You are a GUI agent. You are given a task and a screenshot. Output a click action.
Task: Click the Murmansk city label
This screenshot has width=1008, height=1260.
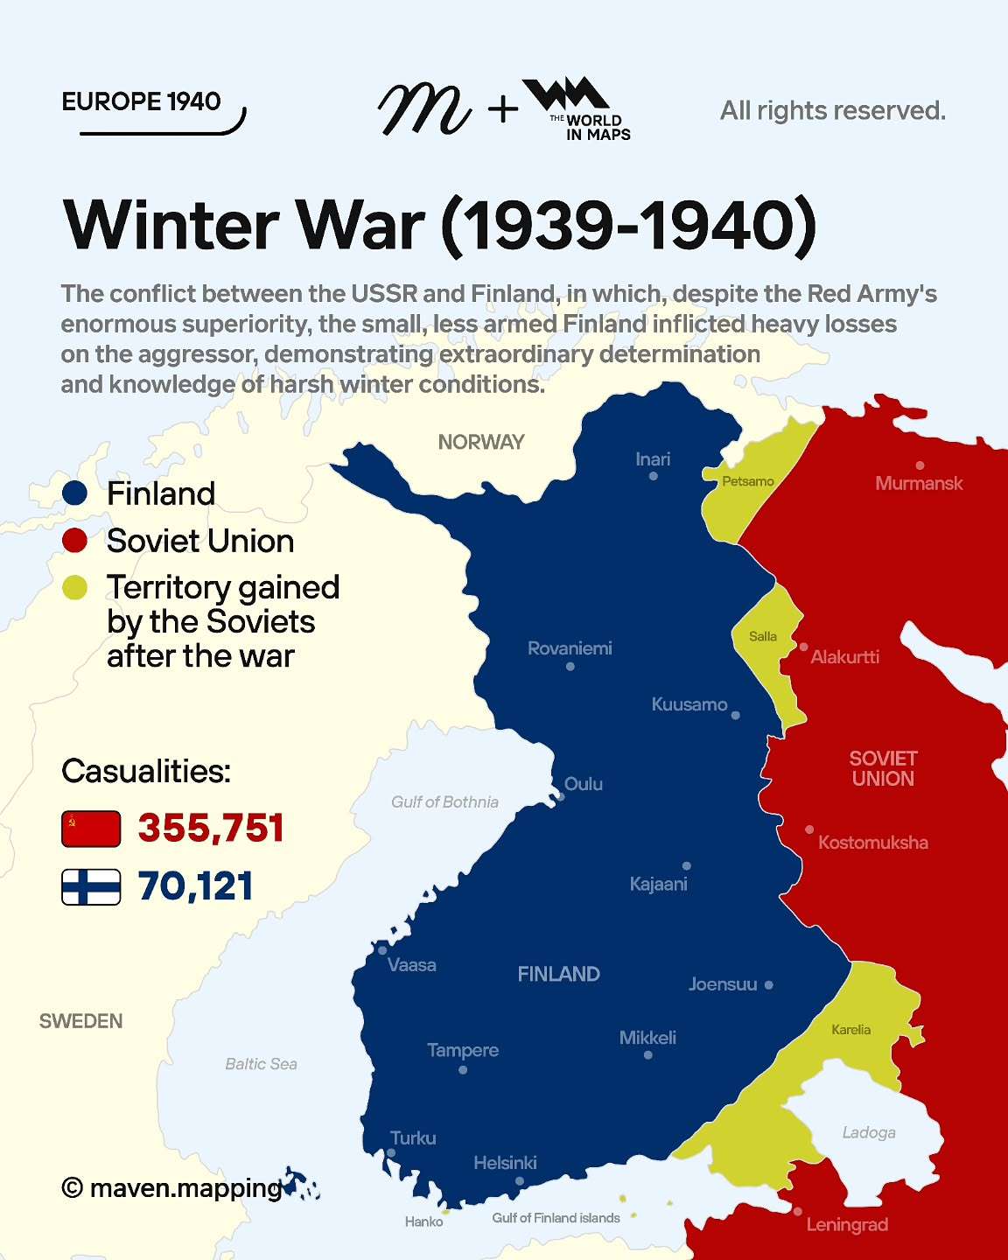[919, 483]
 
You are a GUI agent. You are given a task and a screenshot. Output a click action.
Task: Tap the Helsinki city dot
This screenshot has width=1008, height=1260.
[520, 1181]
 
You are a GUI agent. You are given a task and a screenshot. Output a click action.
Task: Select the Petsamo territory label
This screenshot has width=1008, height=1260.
[748, 481]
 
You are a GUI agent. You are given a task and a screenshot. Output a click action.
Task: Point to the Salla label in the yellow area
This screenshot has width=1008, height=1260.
[763, 636]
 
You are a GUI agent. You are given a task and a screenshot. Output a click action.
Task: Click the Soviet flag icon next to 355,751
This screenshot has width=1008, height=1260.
[91, 829]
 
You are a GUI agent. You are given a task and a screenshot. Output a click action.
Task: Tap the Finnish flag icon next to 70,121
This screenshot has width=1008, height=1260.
[91, 886]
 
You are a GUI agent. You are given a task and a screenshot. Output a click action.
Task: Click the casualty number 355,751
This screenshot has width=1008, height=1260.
[211, 829]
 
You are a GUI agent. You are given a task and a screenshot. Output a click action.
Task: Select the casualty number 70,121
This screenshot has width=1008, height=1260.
[195, 886]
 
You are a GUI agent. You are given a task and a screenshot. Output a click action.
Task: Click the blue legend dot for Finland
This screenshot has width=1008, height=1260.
[75, 493]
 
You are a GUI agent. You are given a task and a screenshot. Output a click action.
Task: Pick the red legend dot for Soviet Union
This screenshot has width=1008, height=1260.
[75, 541]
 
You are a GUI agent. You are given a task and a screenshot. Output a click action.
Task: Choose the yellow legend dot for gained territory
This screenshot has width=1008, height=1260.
[75, 588]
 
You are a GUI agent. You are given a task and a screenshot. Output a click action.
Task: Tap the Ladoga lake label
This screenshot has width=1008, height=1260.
[869, 1132]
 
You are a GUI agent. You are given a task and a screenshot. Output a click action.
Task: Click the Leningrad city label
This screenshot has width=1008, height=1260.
[846, 1224]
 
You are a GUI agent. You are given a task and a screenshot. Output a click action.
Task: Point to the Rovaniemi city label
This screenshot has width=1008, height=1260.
[570, 648]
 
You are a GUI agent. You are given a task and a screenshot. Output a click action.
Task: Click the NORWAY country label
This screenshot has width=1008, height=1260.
[481, 442]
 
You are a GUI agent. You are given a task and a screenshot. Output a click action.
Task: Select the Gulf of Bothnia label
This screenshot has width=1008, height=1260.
[444, 801]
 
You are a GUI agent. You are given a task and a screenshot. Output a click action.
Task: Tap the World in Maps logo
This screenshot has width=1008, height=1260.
[577, 108]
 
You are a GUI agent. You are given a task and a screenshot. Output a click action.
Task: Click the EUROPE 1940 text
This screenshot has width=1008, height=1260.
[141, 101]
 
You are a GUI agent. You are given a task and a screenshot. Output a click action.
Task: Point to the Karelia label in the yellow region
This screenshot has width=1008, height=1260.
[850, 1030]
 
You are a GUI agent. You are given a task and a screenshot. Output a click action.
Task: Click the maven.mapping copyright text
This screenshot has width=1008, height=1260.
[173, 1187]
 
